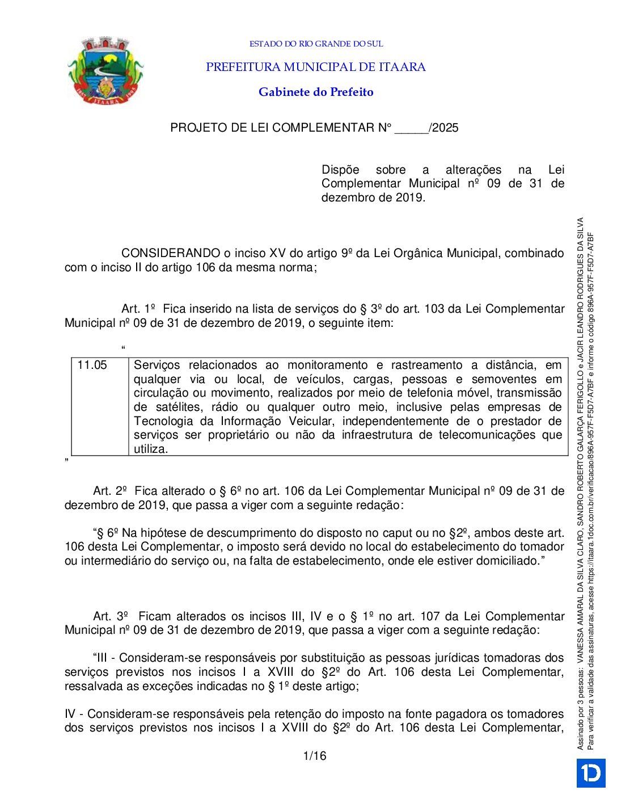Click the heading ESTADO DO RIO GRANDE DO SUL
pyautogui.click(x=316, y=44)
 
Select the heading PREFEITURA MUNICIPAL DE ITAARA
pyautogui.click(x=316, y=67)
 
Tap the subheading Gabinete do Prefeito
pyautogui.click(x=316, y=92)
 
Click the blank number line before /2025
pyautogui.click(x=412, y=128)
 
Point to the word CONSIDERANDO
pyautogui.click(x=171, y=253)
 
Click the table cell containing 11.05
pyautogui.click(x=92, y=365)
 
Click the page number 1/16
pyautogui.click(x=315, y=756)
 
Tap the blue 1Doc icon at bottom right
pyautogui.click(x=591, y=773)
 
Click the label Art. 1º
pyautogui.click(x=138, y=309)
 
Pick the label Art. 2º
pyautogui.click(x=110, y=491)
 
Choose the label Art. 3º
pyautogui.click(x=110, y=616)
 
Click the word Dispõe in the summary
pyautogui.click(x=340, y=170)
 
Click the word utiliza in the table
pyautogui.click(x=150, y=449)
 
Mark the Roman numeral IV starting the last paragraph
pyautogui.click(x=70, y=714)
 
